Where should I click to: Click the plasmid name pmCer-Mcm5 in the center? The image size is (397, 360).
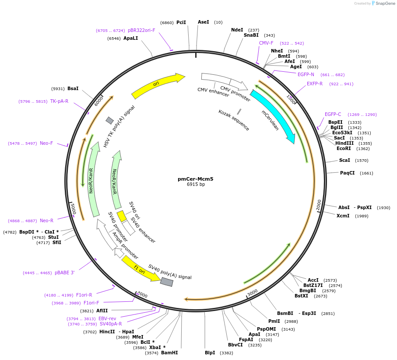pyautogui.click(x=196, y=178)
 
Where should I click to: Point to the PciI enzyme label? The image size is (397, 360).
pyautogui.click(x=181, y=22)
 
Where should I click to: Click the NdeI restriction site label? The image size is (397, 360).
pyautogui.click(x=237, y=30)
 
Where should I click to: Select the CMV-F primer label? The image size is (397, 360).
pyautogui.click(x=266, y=43)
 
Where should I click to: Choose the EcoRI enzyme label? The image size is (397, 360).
pyautogui.click(x=344, y=148)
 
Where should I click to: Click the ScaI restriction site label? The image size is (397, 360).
pyautogui.click(x=344, y=161)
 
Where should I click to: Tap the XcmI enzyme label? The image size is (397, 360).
pyautogui.click(x=343, y=216)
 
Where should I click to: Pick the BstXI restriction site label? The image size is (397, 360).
pyautogui.click(x=301, y=296)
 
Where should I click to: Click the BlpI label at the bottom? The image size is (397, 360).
pyautogui.click(x=210, y=353)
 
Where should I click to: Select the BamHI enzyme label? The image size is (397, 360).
pyautogui.click(x=169, y=353)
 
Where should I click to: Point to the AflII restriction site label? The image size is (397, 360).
pyautogui.click(x=102, y=311)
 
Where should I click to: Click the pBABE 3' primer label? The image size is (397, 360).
pyautogui.click(x=64, y=273)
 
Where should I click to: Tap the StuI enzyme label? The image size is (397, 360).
pyautogui.click(x=53, y=237)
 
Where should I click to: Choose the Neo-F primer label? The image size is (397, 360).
pyautogui.click(x=46, y=143)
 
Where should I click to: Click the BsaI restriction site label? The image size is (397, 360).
pyautogui.click(x=73, y=88)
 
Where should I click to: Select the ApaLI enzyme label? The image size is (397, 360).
pyautogui.click(x=130, y=38)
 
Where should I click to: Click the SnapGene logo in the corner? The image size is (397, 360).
pyautogui.click(x=380, y=3)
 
